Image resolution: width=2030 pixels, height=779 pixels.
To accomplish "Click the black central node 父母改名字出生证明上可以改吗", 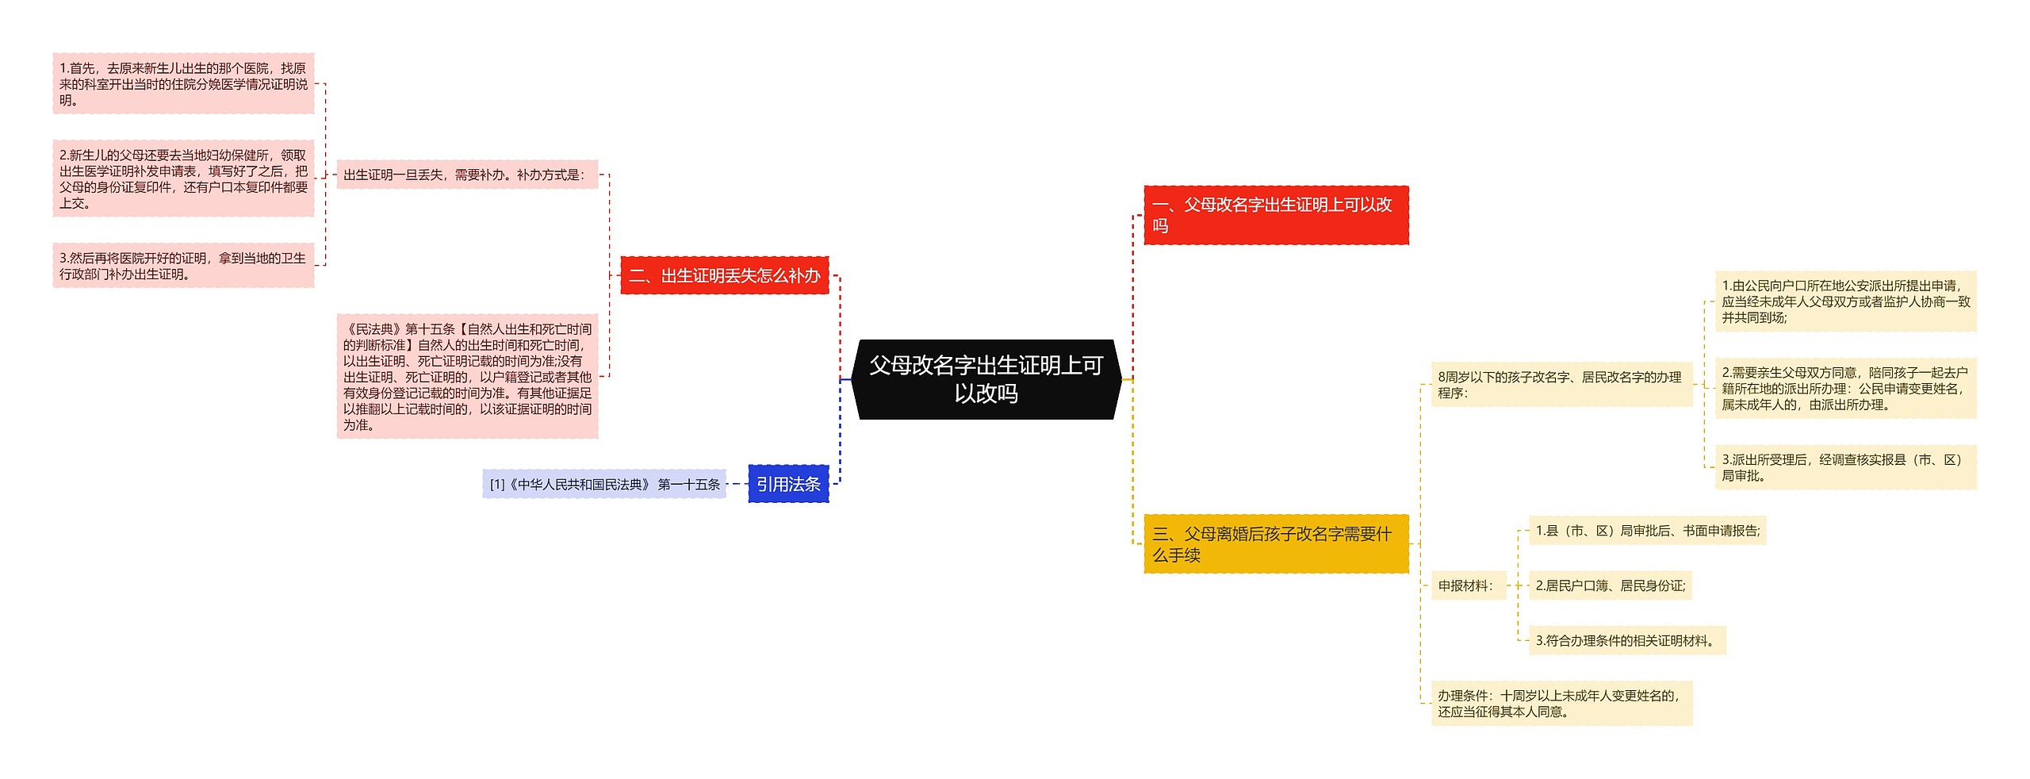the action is [986, 379].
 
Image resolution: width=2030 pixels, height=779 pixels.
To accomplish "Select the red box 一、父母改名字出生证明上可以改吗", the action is [1275, 215].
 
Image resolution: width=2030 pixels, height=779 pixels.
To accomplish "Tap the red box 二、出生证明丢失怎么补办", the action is [724, 275].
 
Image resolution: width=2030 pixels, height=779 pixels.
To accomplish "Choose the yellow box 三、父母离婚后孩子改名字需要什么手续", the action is [1275, 544].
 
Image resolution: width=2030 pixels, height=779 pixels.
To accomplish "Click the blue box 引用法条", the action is [788, 484].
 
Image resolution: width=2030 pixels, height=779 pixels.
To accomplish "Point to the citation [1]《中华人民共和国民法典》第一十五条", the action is [604, 484].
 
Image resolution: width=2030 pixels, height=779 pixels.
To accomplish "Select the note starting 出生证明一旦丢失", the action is [467, 175].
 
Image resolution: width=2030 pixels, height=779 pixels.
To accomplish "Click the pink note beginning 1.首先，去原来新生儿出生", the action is [183, 84].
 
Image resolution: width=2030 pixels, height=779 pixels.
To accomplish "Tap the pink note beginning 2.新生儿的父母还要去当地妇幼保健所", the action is [183, 179].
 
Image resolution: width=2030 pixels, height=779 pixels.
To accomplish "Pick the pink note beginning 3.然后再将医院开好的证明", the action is [183, 266].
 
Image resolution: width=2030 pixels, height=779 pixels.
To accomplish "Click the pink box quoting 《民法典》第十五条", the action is [467, 377].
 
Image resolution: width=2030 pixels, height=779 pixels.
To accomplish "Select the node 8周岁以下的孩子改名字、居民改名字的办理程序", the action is [1561, 385].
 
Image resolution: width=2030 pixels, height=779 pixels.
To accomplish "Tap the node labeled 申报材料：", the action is [1468, 585].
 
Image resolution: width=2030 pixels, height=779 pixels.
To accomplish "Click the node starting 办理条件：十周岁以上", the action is [1561, 704].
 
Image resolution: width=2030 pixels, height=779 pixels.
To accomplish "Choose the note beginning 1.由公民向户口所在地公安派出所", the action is [1845, 301].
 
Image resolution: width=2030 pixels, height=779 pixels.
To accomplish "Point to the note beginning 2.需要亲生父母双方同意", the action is [1845, 388].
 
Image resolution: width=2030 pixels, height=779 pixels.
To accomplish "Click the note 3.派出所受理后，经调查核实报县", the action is [1845, 467].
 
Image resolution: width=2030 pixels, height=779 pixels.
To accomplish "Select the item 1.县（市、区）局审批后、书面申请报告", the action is [1647, 531].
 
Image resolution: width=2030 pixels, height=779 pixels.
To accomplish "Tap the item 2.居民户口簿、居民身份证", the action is [1610, 585].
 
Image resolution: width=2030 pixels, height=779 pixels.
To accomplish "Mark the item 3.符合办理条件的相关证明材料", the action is [1626, 640].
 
